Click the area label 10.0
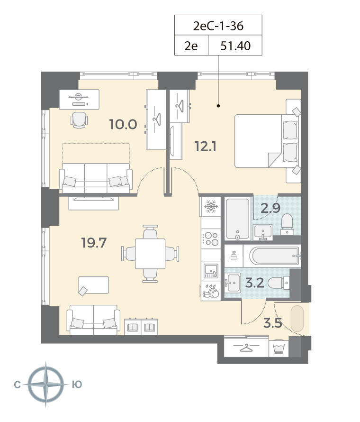tap(123, 124)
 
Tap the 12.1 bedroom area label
tap(206, 147)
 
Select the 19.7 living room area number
tap(94, 243)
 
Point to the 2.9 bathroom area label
tap(270, 208)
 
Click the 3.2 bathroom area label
tap(255, 283)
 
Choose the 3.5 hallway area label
tap(273, 323)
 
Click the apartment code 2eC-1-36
tap(218, 26)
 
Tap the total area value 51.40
tap(235, 46)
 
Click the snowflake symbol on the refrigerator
tap(211, 206)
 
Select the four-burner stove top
tap(211, 239)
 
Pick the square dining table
tap(150, 254)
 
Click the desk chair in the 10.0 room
tap(79, 120)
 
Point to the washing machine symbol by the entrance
tap(279, 349)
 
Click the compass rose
tap(46, 384)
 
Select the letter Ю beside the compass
tap(77, 385)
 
